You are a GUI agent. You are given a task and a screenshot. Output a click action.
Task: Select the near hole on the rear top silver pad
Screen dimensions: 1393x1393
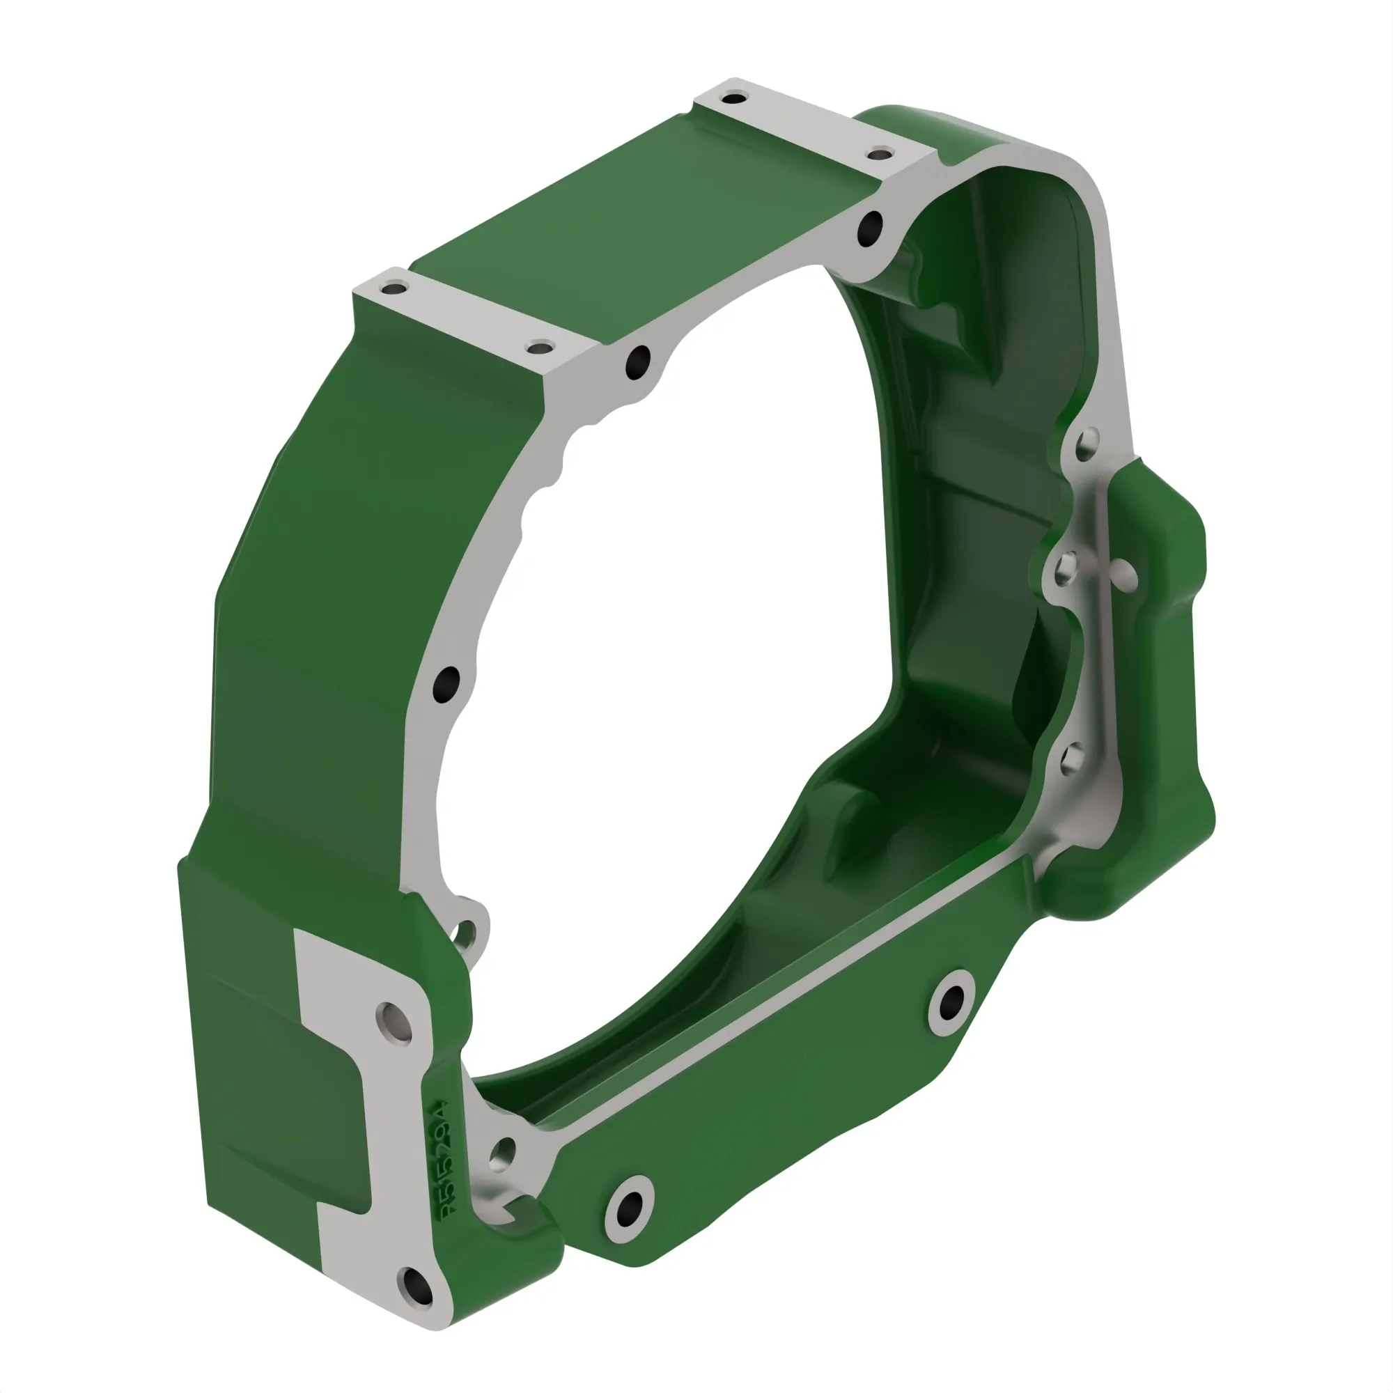(x=880, y=153)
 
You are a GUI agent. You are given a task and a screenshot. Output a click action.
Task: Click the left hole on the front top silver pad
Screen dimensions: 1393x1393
(x=394, y=289)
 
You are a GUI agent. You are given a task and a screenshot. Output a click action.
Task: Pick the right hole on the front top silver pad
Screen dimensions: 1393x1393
(x=538, y=348)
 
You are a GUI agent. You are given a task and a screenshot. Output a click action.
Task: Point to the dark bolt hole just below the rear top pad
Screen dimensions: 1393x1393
(x=870, y=229)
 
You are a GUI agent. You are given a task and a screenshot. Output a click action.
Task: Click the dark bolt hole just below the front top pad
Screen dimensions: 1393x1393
(x=638, y=362)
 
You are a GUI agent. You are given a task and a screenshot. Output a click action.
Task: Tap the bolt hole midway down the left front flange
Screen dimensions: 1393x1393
(x=446, y=685)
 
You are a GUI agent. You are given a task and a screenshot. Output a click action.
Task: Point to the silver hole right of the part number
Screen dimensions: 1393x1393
(x=501, y=1154)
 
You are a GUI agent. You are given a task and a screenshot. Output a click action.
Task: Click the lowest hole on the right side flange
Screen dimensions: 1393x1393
(x=1073, y=758)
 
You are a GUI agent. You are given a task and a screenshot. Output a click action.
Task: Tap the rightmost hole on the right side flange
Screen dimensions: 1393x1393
(x=1123, y=575)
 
